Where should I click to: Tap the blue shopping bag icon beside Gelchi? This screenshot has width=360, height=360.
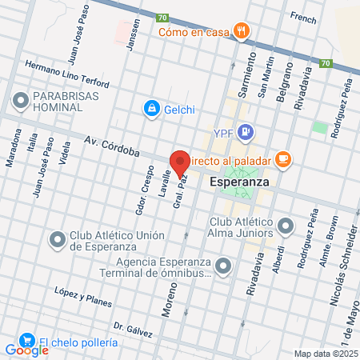tap(150, 108)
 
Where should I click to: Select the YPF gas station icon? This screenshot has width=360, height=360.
tap(246, 132)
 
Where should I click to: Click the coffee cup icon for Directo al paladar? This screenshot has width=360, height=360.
tap(282, 159)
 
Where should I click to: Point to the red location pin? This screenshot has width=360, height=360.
tap(180, 163)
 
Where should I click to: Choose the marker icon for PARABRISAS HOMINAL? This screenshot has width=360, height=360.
tap(20, 101)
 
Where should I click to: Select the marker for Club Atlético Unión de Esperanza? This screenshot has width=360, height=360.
tap(57, 239)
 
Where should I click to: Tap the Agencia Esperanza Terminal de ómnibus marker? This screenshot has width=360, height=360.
tap(224, 266)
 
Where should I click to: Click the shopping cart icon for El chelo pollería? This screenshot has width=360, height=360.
tap(26, 342)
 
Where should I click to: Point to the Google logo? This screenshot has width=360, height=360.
tap(26, 350)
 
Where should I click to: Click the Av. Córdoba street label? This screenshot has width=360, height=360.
tap(112, 146)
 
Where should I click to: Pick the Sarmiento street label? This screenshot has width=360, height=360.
tap(250, 73)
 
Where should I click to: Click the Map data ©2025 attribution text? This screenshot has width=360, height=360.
tap(326, 353)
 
